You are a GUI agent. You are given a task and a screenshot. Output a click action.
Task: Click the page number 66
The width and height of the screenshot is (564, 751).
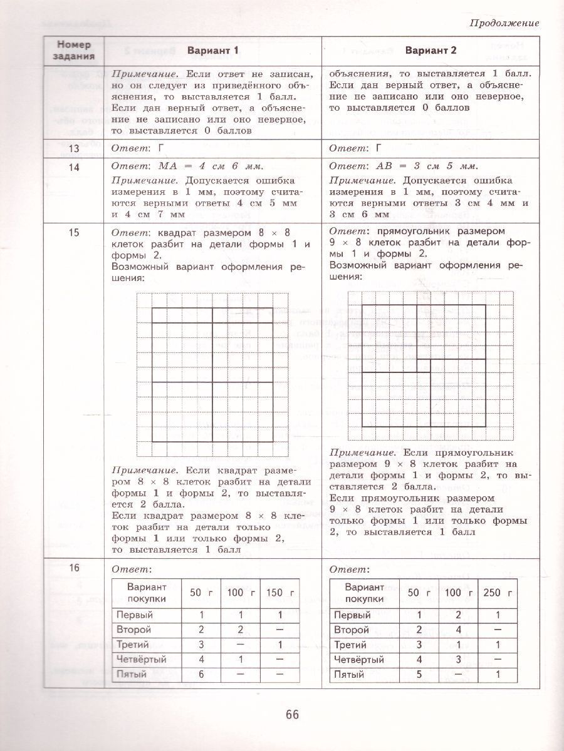292,714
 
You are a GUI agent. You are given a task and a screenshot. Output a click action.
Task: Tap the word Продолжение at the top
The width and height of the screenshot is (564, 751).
504,23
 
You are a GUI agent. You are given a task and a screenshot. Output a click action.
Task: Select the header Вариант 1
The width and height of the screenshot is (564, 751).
212,50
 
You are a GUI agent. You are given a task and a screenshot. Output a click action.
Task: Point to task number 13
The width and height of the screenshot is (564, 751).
74,148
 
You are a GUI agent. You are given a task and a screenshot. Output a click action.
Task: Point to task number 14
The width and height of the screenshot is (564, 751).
74,166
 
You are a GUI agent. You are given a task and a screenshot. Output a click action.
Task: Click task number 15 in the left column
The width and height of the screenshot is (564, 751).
74,233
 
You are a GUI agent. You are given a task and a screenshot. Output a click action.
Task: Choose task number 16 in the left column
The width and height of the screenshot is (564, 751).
74,568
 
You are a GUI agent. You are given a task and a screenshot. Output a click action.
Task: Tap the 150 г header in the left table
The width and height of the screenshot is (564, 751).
272,593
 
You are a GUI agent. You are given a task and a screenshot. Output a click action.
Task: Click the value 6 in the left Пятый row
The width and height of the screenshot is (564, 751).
202,674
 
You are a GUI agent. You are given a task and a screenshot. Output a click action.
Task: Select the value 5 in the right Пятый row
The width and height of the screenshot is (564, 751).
420,674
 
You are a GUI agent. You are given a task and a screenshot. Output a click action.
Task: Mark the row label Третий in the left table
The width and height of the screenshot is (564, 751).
132,645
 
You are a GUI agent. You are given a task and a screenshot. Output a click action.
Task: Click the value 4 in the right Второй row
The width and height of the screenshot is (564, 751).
460,630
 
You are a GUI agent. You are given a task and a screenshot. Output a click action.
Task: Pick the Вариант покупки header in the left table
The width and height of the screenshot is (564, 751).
146,592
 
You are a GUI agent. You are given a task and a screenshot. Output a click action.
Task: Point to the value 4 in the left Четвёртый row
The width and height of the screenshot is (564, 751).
202,659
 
